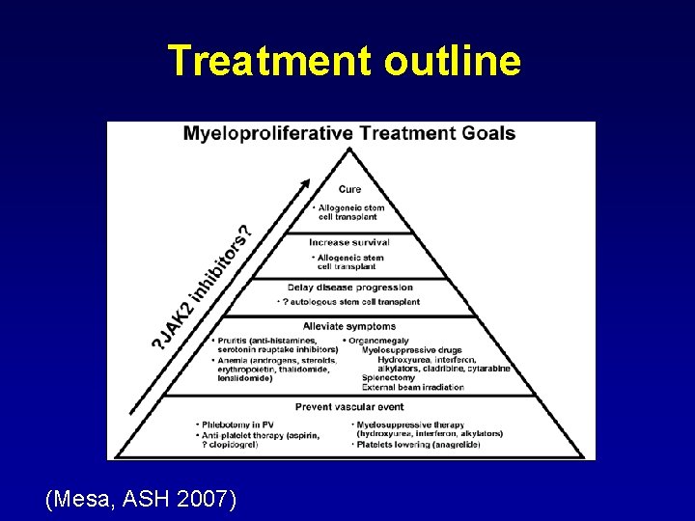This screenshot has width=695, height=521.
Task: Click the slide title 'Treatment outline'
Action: [x=345, y=60]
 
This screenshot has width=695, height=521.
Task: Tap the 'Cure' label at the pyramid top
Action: [x=349, y=189]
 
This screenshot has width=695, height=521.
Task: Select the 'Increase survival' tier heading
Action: [x=349, y=242]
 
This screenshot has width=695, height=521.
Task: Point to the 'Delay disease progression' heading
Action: [x=349, y=287]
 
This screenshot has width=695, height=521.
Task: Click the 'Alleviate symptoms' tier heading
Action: [x=349, y=326]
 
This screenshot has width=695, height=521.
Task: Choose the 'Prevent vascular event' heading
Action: [x=349, y=406]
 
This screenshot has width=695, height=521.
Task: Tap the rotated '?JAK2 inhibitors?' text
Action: [x=205, y=287]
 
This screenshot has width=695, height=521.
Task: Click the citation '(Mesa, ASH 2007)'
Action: [x=140, y=499]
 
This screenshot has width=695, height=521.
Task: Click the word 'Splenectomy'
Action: [x=388, y=378]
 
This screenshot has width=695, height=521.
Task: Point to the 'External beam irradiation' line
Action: [x=413, y=388]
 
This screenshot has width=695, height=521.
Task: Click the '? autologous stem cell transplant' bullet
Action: [x=349, y=302]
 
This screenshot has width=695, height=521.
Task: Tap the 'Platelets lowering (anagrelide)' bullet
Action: [x=428, y=445]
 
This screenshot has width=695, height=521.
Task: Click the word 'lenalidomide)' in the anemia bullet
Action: [x=245, y=378]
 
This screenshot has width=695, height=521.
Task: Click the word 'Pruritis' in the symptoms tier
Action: [x=237, y=341]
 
